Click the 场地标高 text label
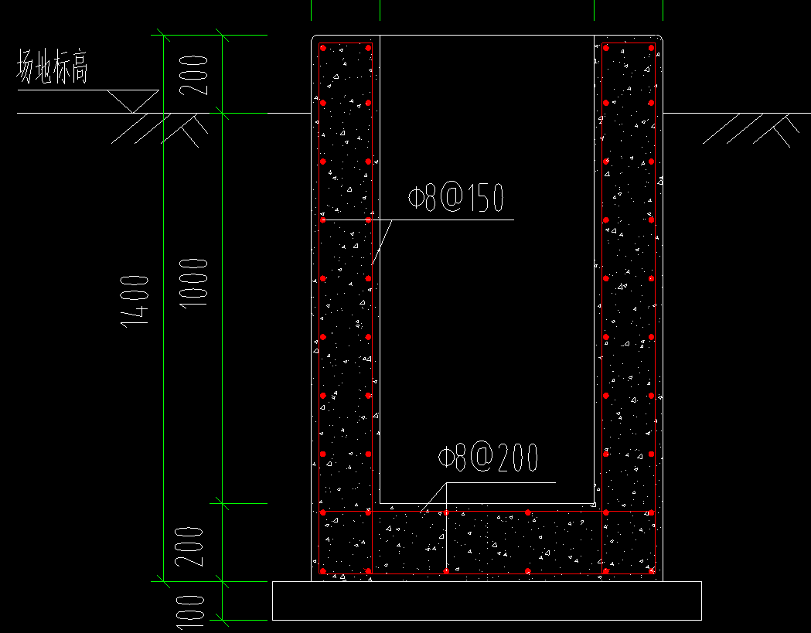point(53,66)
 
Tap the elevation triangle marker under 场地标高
point(133,101)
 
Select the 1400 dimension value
point(135,301)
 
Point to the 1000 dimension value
point(193,283)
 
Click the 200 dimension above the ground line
point(193,75)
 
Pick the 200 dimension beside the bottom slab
point(189,546)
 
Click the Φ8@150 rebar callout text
point(455,198)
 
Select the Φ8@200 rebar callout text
point(488,458)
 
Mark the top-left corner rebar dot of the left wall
point(323,48)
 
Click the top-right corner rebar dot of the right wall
point(651,48)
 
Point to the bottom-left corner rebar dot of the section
point(323,571)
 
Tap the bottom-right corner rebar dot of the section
point(651,571)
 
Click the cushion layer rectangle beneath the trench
point(487,601)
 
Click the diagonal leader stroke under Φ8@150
point(382,242)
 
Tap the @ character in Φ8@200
point(482,457)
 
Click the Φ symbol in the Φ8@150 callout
point(415,198)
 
